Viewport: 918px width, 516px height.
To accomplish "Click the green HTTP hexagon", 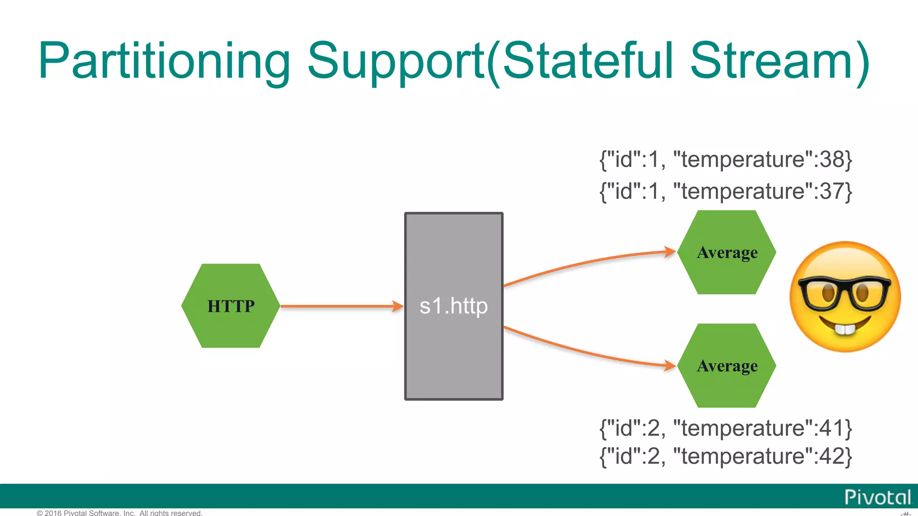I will coord(230,305).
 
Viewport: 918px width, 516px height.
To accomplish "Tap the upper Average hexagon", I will coord(727,252).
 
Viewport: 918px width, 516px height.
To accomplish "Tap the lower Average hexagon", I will coord(727,365).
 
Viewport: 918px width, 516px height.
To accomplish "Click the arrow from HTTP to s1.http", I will coord(336,306).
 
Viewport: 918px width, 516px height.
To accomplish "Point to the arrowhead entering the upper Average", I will coord(670,252).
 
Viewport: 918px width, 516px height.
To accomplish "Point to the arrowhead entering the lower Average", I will coord(670,365).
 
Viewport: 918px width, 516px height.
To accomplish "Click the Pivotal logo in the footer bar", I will coord(878,497).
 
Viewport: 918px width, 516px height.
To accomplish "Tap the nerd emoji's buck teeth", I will coord(845,329).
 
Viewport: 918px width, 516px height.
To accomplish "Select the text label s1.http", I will coord(454,306).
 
